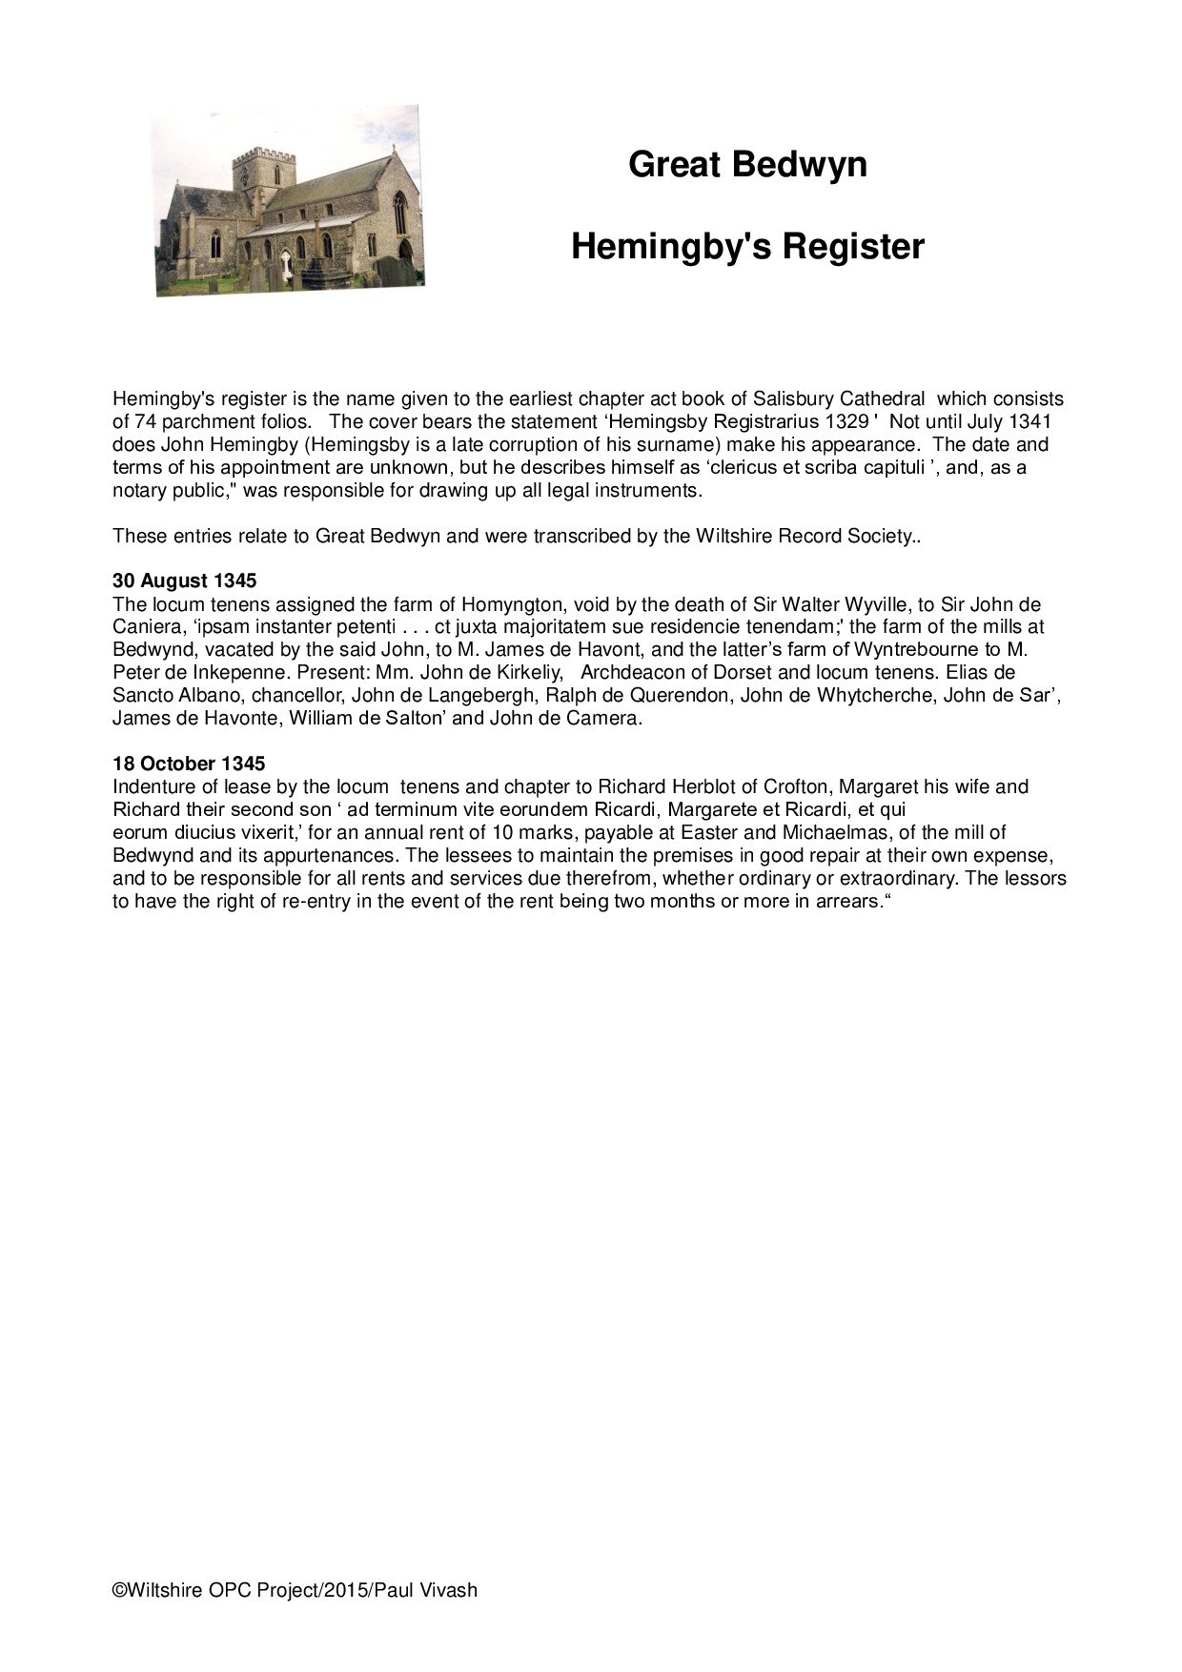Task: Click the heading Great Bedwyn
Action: [x=747, y=165]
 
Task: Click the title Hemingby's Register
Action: [x=747, y=247]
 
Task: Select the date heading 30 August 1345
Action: [x=184, y=581]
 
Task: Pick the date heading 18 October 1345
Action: [x=189, y=765]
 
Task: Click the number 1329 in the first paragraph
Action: [x=847, y=421]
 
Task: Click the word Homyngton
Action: [x=513, y=604]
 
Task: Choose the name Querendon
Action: [x=680, y=696]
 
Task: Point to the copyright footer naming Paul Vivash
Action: [x=295, y=1590]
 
